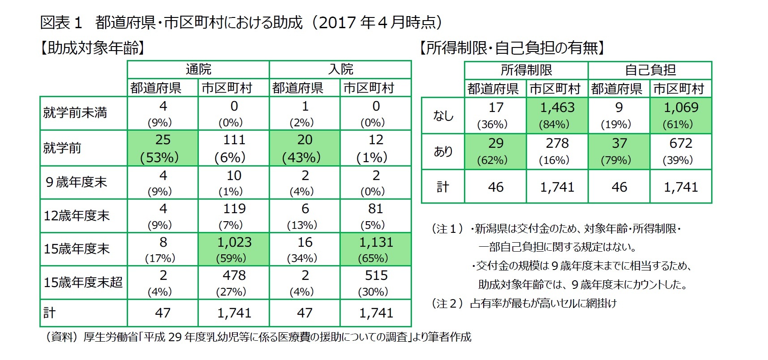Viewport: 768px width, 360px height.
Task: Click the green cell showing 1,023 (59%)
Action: tap(234, 249)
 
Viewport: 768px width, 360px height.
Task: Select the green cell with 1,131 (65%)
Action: tap(376, 249)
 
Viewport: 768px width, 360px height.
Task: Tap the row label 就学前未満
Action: tap(75, 113)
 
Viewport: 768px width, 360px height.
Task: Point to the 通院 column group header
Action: tap(198, 69)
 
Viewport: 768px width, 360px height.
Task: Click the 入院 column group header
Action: tap(340, 69)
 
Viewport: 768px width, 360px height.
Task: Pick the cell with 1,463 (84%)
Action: tap(557, 115)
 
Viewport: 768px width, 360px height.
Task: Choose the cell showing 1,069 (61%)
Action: tap(681, 115)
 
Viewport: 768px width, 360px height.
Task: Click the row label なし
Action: tap(443, 116)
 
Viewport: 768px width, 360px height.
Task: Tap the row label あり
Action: tap(443, 151)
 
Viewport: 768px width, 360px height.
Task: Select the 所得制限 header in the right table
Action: tap(526, 70)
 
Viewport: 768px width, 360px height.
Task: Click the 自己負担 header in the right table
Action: tap(650, 70)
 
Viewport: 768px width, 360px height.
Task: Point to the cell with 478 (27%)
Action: tap(234, 283)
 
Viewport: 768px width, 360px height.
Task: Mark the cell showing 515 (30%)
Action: tap(376, 283)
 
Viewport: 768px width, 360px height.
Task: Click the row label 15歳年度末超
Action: tap(83, 283)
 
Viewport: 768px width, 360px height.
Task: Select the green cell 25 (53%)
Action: tap(163, 148)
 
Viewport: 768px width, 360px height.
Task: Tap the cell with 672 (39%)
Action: tap(681, 151)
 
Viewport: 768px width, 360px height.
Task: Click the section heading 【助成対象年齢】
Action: tap(92, 47)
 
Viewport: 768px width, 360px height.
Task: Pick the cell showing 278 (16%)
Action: tap(557, 151)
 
